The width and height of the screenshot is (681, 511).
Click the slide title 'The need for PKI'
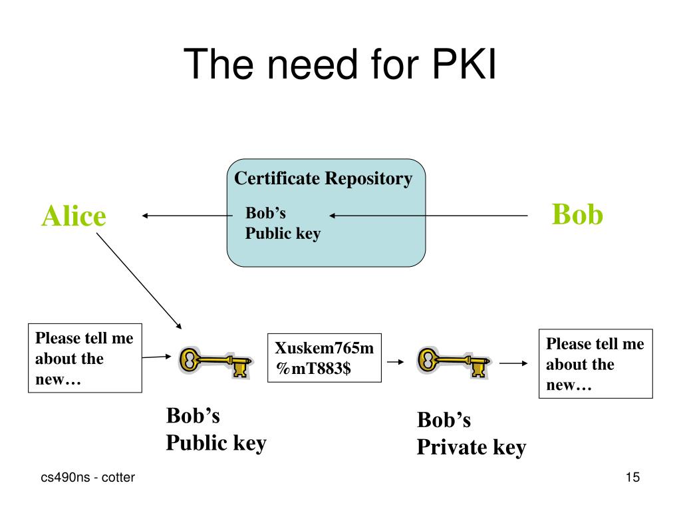point(340,65)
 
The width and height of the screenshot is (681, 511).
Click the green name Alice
point(74,216)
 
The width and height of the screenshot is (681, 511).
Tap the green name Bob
point(577,214)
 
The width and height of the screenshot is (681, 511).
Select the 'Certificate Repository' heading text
point(323,178)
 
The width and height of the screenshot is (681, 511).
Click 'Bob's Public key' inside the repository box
point(283,224)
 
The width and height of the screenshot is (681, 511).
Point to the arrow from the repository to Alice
point(187,216)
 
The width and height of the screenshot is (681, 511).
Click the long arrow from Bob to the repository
point(428,216)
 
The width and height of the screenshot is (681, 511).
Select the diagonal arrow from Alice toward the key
point(139,281)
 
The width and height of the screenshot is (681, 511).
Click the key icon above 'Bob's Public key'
point(215,362)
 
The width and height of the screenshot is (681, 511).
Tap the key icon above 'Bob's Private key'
point(454,362)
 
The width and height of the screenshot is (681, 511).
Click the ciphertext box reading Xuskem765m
point(325,358)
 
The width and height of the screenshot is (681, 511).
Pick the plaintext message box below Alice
point(85,358)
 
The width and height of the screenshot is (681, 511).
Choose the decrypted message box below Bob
point(595,364)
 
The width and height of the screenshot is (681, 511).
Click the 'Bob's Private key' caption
point(472,434)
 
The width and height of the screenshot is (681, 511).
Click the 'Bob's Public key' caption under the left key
point(216,429)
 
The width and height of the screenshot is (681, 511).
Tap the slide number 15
point(633,477)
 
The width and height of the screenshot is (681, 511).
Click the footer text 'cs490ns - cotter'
point(88,477)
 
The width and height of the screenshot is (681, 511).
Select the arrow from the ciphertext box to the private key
point(395,362)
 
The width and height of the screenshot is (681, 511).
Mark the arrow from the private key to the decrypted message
point(513,363)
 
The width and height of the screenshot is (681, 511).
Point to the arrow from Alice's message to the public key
point(157,357)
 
